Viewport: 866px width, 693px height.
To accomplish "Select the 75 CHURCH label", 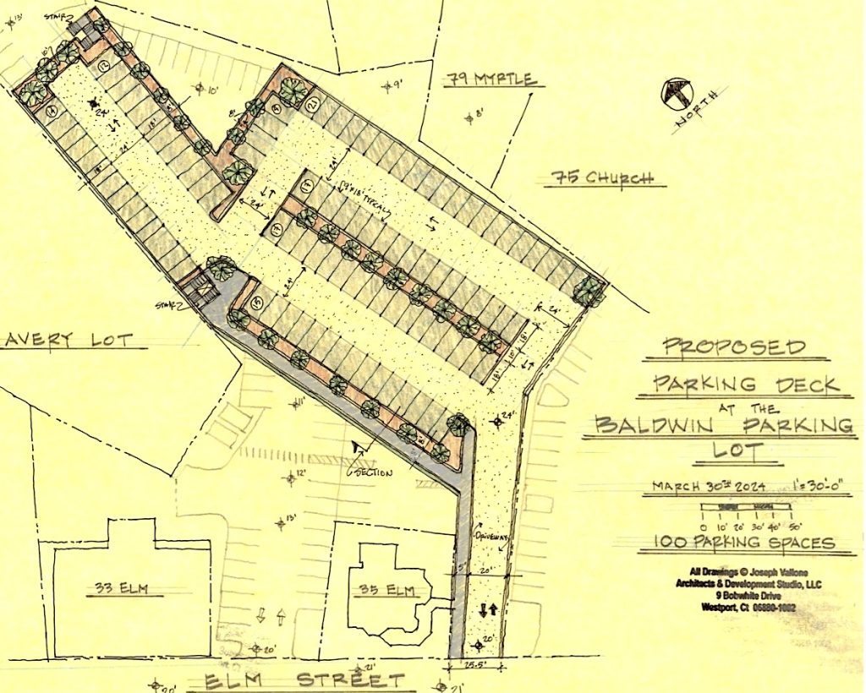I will pyautogui.click(x=603, y=178).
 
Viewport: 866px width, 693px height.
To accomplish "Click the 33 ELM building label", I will pyautogui.click(x=123, y=590).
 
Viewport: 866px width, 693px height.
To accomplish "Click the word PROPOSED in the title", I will pyautogui.click(x=733, y=346).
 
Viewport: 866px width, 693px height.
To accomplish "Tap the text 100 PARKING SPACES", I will pyautogui.click(x=749, y=543).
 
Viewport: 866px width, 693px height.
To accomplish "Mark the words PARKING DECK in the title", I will pyautogui.click(x=749, y=384).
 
